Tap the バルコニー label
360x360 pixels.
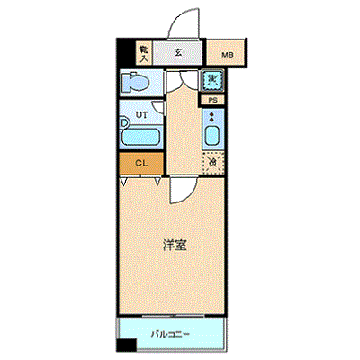(170, 334)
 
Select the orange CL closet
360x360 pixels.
(140, 163)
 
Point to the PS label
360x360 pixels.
(212, 100)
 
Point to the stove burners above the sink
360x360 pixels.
(212, 116)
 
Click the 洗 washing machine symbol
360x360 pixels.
(212, 80)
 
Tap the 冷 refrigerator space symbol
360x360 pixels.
(212, 163)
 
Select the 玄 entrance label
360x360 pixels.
(178, 52)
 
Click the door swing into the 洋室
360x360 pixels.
(179, 188)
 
